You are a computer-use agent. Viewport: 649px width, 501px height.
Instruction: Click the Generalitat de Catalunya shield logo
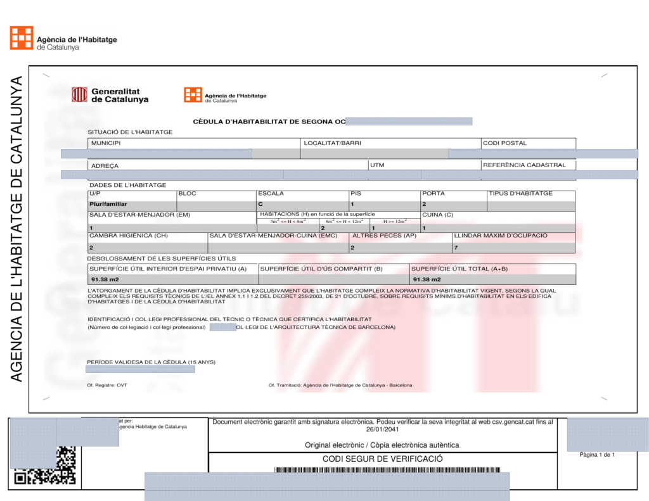(79, 94)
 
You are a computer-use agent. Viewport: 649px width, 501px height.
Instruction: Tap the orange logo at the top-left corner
(22, 37)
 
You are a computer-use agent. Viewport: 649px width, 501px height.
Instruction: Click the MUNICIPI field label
(105, 143)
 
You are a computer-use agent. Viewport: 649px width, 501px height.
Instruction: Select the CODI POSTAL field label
(505, 143)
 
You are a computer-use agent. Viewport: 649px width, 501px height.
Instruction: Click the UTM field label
(377, 165)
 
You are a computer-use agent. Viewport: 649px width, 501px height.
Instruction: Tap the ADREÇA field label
(105, 166)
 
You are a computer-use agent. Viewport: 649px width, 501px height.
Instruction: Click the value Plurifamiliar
(108, 205)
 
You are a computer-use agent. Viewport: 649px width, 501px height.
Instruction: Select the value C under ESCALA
(260, 205)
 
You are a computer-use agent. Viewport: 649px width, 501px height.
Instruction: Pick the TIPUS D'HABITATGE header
(520, 193)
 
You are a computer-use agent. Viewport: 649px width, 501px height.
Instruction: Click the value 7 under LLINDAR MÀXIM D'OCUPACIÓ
(456, 248)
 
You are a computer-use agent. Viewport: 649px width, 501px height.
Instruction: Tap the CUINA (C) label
(437, 215)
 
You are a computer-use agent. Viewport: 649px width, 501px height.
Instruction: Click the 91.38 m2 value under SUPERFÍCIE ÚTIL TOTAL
(427, 279)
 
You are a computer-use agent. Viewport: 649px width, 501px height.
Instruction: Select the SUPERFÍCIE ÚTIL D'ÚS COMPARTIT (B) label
(321, 269)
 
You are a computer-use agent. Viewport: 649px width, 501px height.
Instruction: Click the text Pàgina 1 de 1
(597, 455)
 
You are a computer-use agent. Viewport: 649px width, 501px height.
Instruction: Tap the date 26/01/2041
(382, 429)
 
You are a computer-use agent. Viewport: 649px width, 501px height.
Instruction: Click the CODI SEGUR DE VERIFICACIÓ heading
(382, 459)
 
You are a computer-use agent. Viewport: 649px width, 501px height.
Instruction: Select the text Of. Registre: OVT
(107, 385)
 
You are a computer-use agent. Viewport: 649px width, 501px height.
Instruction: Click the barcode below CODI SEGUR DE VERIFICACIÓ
(387, 470)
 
